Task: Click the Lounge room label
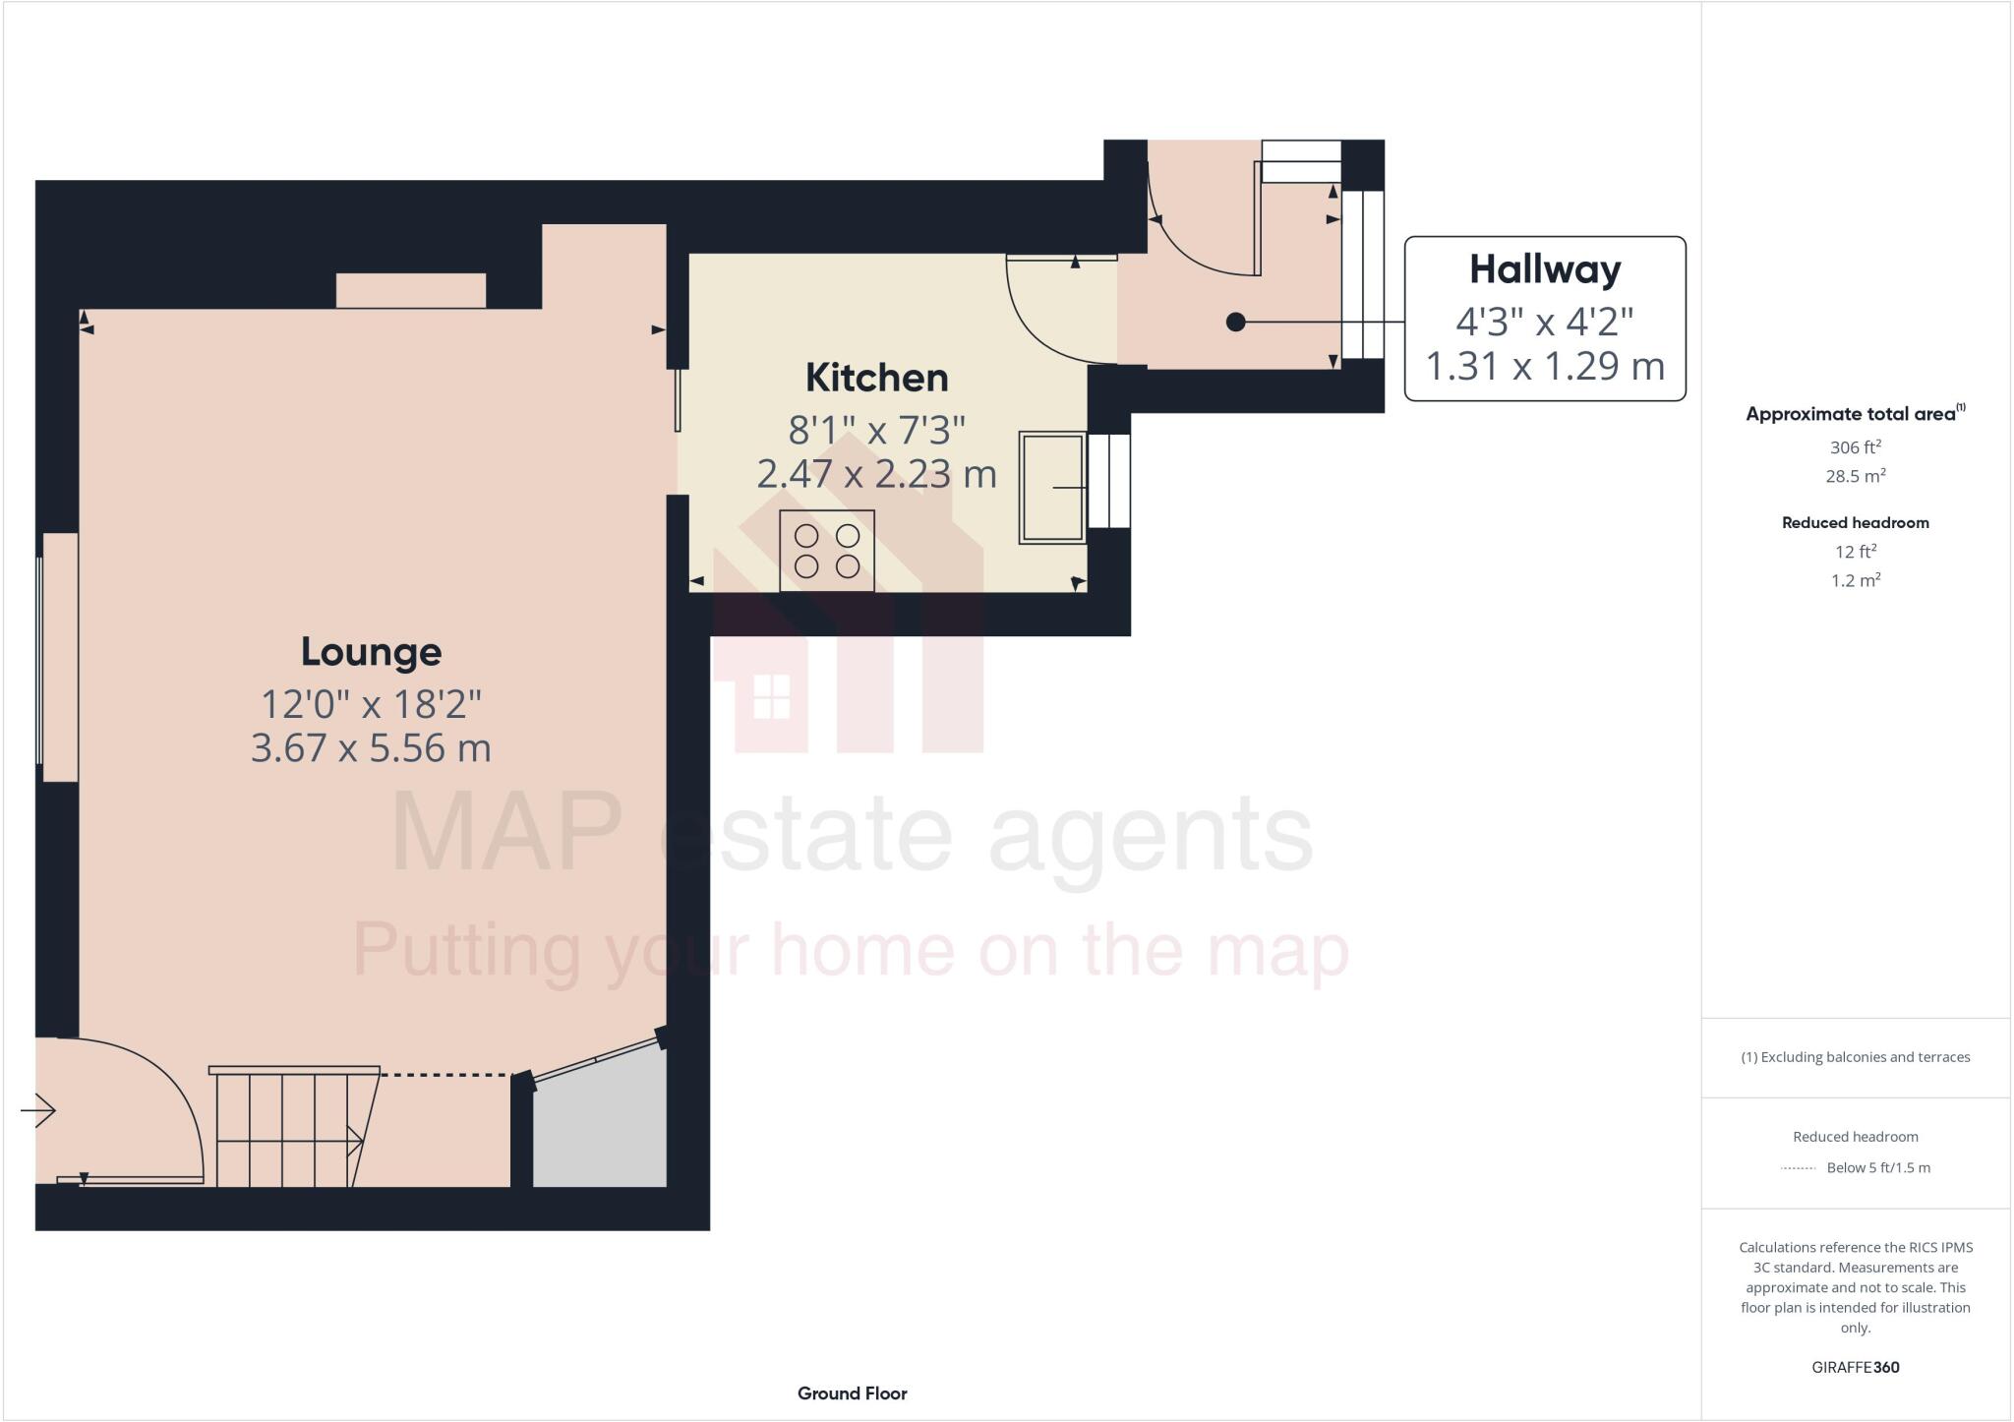[371, 652]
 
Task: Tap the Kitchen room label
[876, 378]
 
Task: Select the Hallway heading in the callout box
[1544, 269]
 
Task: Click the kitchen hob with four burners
[826, 551]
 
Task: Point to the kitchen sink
[1051, 487]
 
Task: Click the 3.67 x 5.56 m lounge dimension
[371, 748]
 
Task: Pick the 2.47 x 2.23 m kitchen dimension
[876, 474]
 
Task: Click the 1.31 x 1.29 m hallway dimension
[1544, 366]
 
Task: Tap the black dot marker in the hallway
[1236, 322]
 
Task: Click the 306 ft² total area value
[1855, 447]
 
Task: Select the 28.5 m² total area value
[1855, 476]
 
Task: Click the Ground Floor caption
[852, 1392]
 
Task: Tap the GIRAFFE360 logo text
[1855, 1367]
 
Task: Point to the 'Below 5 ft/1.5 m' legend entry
[1877, 1167]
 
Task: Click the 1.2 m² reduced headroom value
[1855, 580]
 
